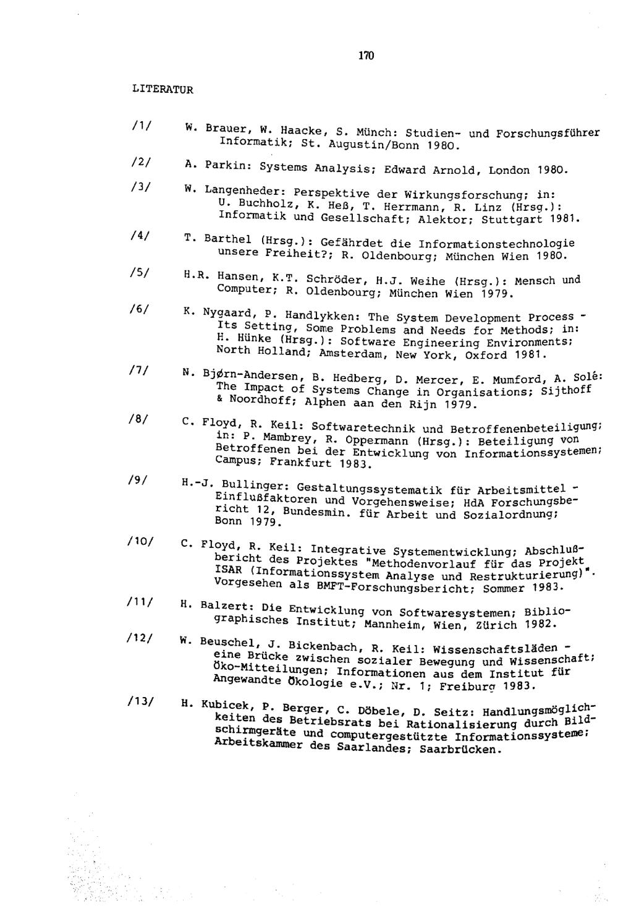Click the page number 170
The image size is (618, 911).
pyautogui.click(x=366, y=56)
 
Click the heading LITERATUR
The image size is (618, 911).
pyautogui.click(x=163, y=89)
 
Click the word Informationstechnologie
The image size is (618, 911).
pyautogui.click(x=496, y=244)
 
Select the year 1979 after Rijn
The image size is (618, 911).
pyautogui.click(x=457, y=404)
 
